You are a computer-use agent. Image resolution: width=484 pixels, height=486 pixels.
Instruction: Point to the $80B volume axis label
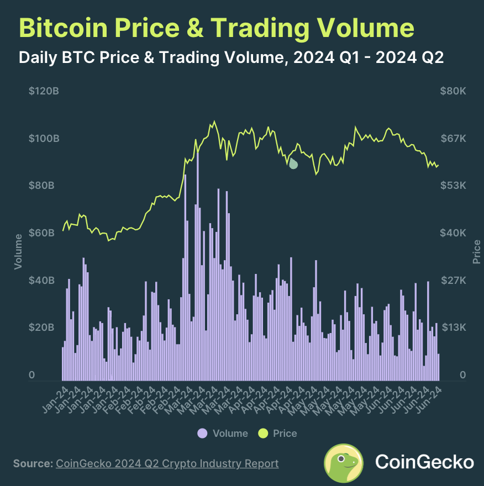tap(44, 185)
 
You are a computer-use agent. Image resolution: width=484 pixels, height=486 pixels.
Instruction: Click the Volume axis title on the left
tap(18, 251)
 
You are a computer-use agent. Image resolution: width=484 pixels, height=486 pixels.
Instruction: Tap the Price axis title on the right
tap(477, 251)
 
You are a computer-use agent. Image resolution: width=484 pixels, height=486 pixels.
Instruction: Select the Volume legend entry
tap(223, 434)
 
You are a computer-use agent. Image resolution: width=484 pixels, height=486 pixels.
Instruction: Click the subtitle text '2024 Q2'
tap(409, 57)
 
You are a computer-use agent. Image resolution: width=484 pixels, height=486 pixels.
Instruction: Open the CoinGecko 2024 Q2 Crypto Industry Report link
tap(167, 463)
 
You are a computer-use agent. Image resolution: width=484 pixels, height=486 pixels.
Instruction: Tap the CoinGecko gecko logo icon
tap(343, 462)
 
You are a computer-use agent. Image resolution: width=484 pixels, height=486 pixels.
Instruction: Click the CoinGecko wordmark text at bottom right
tap(424, 462)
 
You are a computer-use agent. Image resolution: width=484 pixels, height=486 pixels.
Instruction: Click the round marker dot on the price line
tap(293, 163)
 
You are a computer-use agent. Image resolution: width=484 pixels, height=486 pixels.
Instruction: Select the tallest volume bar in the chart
tap(197, 265)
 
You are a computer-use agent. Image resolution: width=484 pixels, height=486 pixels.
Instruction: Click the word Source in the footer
tap(31, 463)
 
